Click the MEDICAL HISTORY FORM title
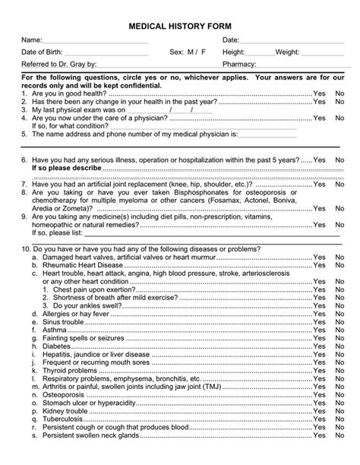click(x=180, y=26)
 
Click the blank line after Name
click(x=95, y=40)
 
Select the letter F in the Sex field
click(x=203, y=52)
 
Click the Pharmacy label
click(x=241, y=65)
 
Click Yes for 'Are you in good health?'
click(x=319, y=93)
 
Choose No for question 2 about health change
click(x=339, y=102)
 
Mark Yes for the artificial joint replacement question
click(x=319, y=185)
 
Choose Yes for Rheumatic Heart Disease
click(x=319, y=265)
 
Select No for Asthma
click(x=339, y=331)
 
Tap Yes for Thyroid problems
click(x=319, y=371)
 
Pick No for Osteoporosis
click(x=339, y=395)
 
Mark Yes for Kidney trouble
click(x=319, y=411)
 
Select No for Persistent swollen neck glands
click(x=339, y=436)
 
